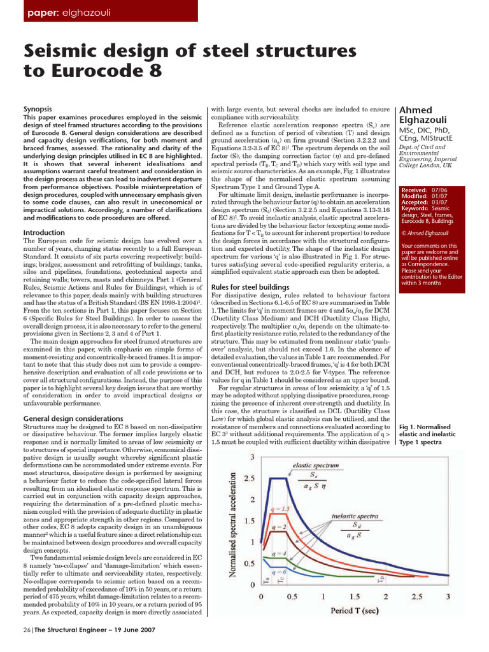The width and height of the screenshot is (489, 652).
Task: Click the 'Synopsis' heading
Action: click(39, 110)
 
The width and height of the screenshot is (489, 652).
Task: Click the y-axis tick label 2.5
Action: click(251, 478)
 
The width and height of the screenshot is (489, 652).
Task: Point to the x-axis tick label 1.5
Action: click(355, 597)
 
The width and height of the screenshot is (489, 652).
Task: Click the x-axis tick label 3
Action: click(448, 597)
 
